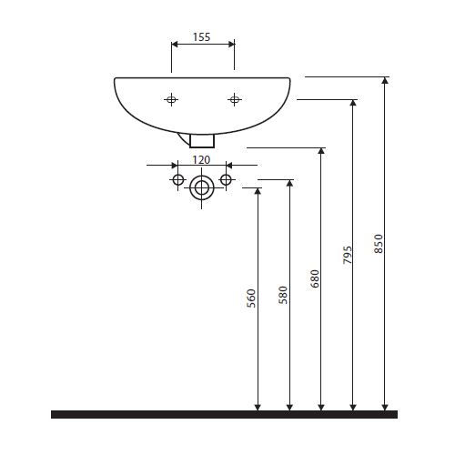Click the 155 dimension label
pyautogui.click(x=202, y=37)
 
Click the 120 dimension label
pyautogui.click(x=201, y=160)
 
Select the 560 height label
pyautogui.click(x=251, y=298)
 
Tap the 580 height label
pyautogui.click(x=283, y=295)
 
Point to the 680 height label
pyautogui.click(x=315, y=278)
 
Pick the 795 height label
pyautogui.click(x=347, y=255)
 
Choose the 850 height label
pyautogui.click(x=379, y=244)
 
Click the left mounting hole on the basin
pyautogui.click(x=171, y=99)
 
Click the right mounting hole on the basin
pyautogui.click(x=234, y=99)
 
